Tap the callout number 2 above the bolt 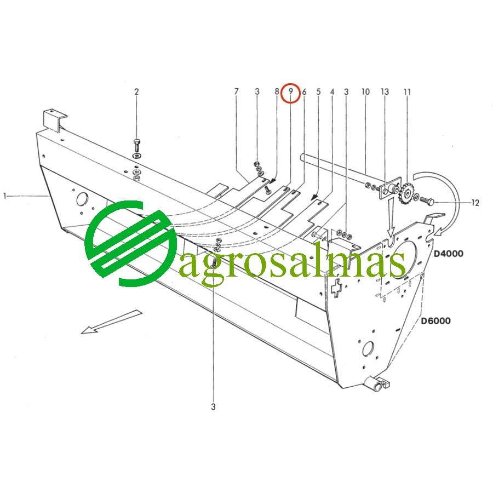click(136, 91)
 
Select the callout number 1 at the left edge click(5, 196)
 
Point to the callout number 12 click(475, 203)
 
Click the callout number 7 click(237, 91)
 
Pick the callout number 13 click(385, 91)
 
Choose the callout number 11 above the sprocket click(407, 91)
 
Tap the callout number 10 click(365, 91)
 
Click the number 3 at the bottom click(213, 406)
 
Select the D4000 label click(449, 254)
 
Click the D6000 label click(436, 320)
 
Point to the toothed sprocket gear click(408, 194)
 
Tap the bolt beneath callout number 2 click(136, 146)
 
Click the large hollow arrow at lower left click(112, 322)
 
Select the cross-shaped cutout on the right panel click(337, 288)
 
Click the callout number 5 click(318, 91)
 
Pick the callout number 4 click(332, 91)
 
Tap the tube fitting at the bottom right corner click(379, 383)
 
